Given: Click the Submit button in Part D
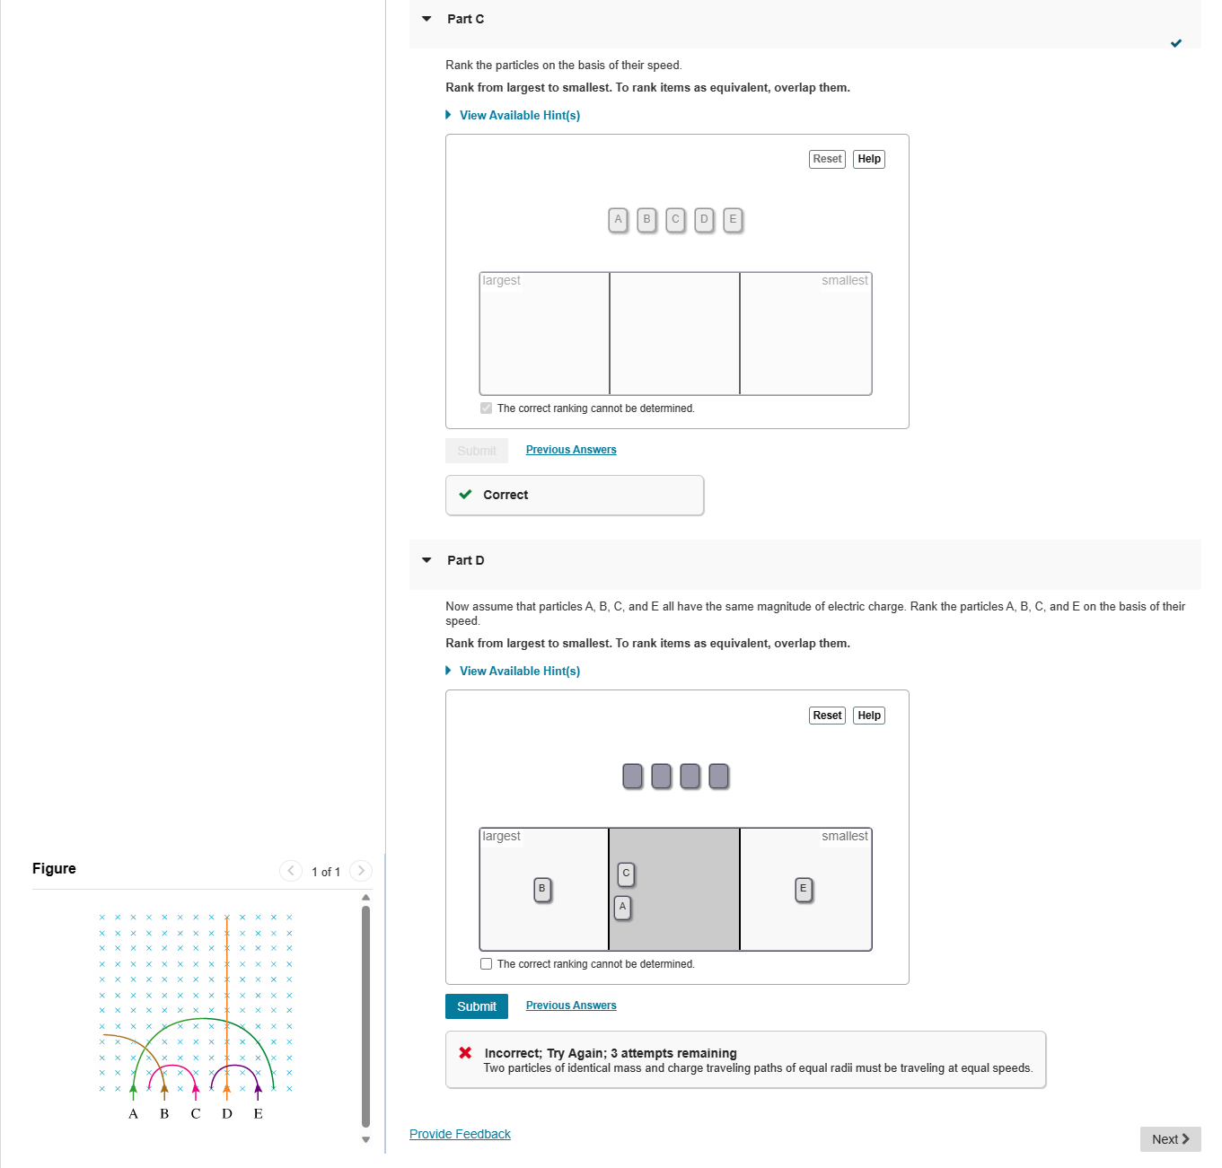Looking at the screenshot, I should pos(476,1006).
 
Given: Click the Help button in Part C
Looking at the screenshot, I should pos(868,159).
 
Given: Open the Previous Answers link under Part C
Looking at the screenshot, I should pos(570,450).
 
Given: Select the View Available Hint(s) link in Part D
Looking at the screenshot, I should pos(519,671).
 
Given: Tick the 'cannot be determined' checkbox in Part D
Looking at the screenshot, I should pos(487,964).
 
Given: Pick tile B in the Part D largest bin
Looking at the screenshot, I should pos(541,889).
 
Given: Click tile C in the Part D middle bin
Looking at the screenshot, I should pos(626,874).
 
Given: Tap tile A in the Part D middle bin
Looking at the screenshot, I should pos(622,907).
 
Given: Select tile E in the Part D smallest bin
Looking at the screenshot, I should pos(804,889).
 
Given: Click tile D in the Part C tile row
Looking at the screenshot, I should pos(704,219).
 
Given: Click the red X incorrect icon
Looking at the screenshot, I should pos(465,1053).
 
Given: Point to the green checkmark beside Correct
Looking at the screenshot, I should pos(465,495).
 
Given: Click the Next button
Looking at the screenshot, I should pos(1169,1139).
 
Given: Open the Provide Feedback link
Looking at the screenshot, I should pos(460,1134).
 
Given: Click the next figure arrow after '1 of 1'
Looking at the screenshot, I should pos(361,871).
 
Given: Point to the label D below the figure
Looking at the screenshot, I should pos(227,1114).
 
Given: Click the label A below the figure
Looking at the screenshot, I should pos(133,1114).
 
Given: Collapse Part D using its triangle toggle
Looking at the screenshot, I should pos(426,560).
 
